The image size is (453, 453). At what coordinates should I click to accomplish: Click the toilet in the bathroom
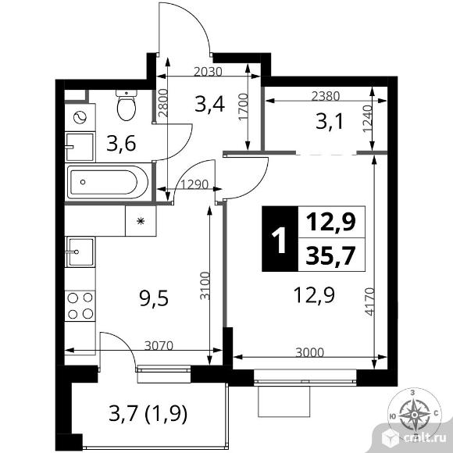(127, 105)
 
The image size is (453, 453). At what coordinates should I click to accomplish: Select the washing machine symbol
(80, 118)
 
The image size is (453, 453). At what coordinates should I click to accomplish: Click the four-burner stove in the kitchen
(80, 305)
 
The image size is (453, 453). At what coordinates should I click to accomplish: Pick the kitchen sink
(80, 251)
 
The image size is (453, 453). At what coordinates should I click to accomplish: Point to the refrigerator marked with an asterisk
(141, 221)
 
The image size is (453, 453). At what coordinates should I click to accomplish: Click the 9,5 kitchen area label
(153, 298)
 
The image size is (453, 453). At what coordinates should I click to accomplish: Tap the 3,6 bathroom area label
(121, 144)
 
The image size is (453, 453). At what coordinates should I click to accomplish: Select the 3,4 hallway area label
(210, 105)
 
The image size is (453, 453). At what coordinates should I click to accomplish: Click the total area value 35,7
(330, 255)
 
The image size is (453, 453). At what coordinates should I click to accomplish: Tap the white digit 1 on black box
(279, 239)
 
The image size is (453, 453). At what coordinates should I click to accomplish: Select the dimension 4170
(369, 301)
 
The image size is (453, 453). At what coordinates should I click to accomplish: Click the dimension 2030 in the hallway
(208, 72)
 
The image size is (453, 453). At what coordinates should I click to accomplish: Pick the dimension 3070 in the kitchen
(159, 345)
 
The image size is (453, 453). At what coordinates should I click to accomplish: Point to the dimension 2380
(326, 96)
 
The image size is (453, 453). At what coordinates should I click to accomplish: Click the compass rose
(415, 415)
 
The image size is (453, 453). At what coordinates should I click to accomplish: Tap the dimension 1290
(194, 184)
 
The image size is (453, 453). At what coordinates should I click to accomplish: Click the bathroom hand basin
(80, 147)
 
